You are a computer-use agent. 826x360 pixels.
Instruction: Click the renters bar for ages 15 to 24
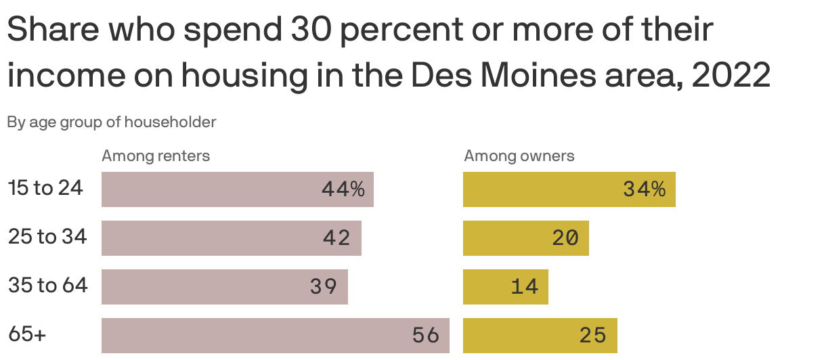(237, 189)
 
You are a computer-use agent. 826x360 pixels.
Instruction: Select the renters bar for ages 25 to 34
(231, 238)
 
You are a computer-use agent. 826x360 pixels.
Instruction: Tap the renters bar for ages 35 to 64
(224, 287)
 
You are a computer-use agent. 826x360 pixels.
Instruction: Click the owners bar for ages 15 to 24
(569, 189)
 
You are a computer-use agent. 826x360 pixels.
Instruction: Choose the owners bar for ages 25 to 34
(525, 238)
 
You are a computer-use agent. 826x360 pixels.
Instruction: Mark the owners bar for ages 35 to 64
(505, 287)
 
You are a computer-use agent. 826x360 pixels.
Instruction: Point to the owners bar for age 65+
(540, 336)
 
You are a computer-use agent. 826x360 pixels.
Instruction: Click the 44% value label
(343, 189)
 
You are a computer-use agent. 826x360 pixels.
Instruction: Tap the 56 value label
(426, 336)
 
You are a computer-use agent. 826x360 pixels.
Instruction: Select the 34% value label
(644, 189)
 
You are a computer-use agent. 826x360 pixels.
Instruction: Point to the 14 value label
(525, 287)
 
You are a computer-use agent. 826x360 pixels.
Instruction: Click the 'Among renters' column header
(156, 156)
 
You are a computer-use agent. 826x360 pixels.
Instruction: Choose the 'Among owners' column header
(519, 156)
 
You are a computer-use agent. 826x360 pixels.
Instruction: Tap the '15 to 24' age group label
(45, 188)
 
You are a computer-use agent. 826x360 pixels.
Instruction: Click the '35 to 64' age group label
(47, 286)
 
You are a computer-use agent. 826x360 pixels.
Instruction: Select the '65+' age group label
(27, 334)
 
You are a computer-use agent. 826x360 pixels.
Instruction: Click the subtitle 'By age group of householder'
(112, 122)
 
